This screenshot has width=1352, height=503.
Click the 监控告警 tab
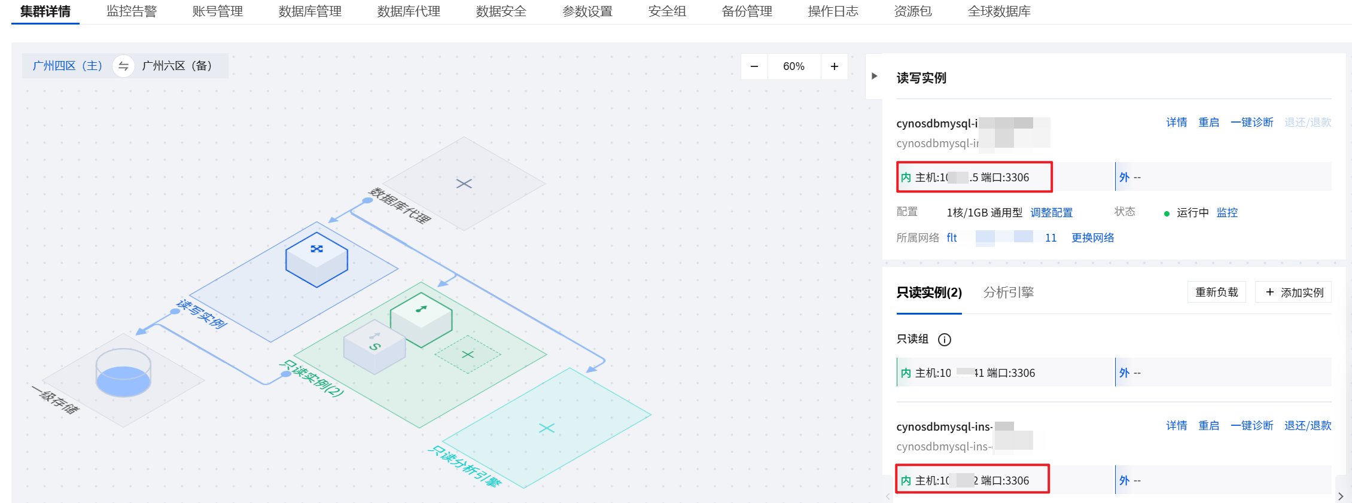tap(132, 11)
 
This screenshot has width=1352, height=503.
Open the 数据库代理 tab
tap(409, 11)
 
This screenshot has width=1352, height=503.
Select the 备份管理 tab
tap(747, 11)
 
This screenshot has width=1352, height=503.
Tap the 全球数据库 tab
tap(999, 11)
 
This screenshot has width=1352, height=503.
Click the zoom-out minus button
tap(754, 66)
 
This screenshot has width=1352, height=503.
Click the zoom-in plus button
tap(835, 66)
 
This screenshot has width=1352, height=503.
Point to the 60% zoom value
tap(794, 66)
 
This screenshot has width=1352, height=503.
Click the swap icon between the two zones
tap(123, 66)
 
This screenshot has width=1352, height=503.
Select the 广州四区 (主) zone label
tap(67, 66)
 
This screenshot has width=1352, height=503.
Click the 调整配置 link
tap(1051, 213)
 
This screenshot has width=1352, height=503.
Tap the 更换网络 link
tap(1092, 238)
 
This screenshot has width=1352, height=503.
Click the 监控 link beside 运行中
tap(1227, 213)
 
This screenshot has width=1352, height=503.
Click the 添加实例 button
tap(1295, 292)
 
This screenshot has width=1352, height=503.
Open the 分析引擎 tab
tap(1009, 292)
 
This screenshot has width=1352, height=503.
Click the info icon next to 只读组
tap(945, 340)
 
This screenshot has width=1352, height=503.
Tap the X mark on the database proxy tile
tap(464, 184)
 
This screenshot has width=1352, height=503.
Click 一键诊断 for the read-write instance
tap(1251, 123)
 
